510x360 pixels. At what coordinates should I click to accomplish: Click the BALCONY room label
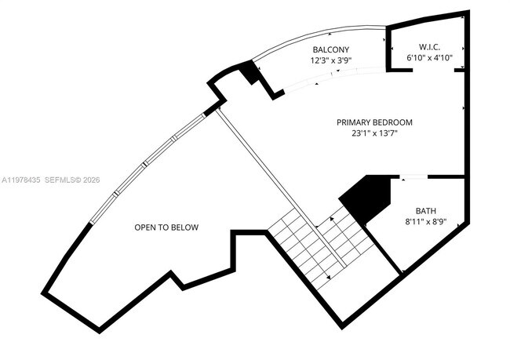(x=331, y=49)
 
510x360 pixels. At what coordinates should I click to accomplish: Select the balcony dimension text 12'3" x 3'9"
(x=331, y=60)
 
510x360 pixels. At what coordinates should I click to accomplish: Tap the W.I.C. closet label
(x=429, y=47)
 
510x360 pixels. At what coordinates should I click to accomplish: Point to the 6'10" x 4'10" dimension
(x=429, y=57)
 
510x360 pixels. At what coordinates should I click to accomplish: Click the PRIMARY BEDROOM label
(x=374, y=122)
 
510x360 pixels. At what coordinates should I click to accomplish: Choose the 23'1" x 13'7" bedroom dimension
(x=374, y=133)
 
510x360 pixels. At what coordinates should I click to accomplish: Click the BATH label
(x=426, y=211)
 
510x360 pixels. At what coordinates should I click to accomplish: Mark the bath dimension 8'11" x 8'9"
(x=426, y=221)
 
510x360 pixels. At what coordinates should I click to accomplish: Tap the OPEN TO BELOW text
(x=166, y=227)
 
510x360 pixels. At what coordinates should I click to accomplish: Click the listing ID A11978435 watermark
(x=21, y=180)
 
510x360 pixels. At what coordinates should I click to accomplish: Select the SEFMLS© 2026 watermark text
(x=72, y=180)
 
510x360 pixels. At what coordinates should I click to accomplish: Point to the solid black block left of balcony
(x=250, y=72)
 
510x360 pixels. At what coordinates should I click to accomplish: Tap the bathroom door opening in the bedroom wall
(x=413, y=177)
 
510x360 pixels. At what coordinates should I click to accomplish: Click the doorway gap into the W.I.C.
(x=433, y=70)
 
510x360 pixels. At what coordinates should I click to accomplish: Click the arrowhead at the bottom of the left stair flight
(x=328, y=278)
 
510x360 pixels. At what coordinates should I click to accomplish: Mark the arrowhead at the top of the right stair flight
(x=332, y=219)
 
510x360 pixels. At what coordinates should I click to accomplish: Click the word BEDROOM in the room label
(x=392, y=122)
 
